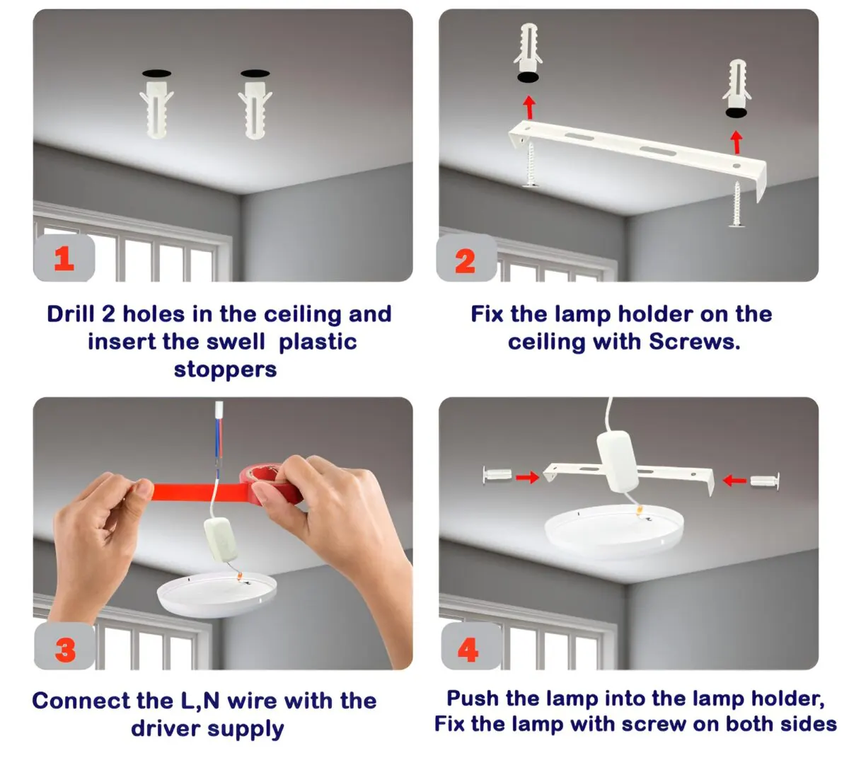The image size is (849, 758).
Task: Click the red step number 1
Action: [x=64, y=258]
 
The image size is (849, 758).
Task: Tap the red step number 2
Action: [x=465, y=261]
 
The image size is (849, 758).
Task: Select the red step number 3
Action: [x=65, y=650]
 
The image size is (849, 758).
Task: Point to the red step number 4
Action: [x=468, y=650]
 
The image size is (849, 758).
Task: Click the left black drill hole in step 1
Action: [x=157, y=74]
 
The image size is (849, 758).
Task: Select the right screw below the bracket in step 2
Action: [x=737, y=205]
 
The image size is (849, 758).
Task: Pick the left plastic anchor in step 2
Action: [x=528, y=47]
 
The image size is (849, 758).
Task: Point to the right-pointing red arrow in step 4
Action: [x=527, y=477]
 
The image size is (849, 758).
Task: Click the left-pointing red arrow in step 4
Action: [x=734, y=480]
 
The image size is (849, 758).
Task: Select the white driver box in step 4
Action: [x=617, y=461]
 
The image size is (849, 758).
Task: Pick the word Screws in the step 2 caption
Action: [x=693, y=342]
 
